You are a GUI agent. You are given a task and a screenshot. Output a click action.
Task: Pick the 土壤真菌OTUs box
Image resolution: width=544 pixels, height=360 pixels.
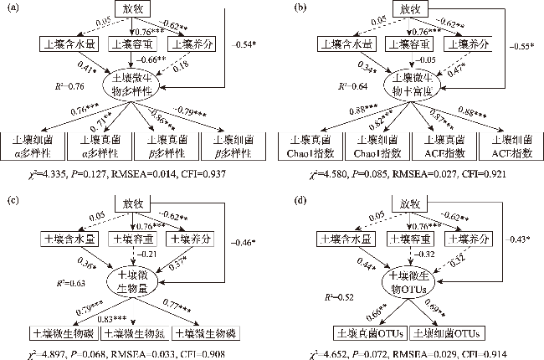coord(370,332)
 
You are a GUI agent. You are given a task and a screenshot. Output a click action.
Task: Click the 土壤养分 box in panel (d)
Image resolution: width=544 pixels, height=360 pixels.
coord(465,239)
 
